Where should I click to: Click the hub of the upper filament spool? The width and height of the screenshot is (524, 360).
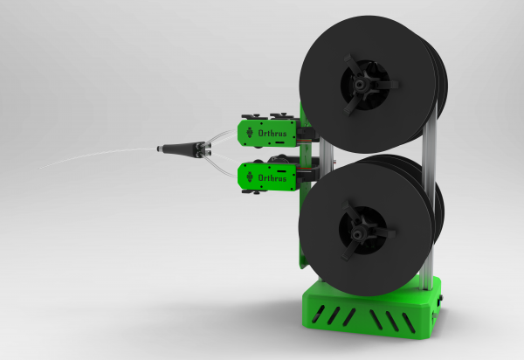[362, 85]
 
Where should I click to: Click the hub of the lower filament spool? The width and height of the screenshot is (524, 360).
[362, 230]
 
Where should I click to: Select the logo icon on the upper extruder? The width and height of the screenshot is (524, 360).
[250, 134]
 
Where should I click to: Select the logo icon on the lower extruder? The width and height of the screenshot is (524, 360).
[250, 177]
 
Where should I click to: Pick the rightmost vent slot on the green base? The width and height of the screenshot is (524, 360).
[411, 322]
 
